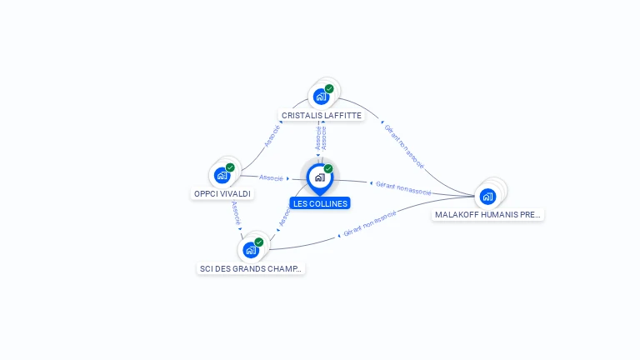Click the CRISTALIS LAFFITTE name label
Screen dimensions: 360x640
[x=322, y=116]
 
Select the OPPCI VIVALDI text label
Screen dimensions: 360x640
[x=222, y=193]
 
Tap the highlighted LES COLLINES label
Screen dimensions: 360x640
[x=320, y=203]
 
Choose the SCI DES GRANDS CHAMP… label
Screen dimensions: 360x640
[x=252, y=268]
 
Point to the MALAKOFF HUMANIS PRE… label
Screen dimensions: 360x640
[x=488, y=214]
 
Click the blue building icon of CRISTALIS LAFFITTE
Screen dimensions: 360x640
[x=321, y=96]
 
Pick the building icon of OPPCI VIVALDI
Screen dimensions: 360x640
[x=222, y=175]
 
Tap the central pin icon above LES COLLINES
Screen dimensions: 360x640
[x=319, y=177]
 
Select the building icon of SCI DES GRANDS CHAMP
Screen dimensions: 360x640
[x=251, y=249]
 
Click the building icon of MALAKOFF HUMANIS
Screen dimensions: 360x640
[x=487, y=196]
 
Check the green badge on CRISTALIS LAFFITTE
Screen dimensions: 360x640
[x=329, y=88]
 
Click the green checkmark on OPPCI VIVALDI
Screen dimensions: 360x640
[x=230, y=167]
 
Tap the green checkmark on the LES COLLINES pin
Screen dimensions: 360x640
[x=328, y=168]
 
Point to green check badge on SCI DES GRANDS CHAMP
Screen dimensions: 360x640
[x=259, y=242]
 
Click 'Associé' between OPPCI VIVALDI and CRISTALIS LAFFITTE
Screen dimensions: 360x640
[x=272, y=136]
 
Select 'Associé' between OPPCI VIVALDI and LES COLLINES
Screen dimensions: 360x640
[x=272, y=177]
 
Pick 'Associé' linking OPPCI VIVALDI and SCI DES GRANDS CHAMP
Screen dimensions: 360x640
[x=237, y=213]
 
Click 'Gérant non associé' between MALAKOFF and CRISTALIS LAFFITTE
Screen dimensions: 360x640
[x=404, y=146]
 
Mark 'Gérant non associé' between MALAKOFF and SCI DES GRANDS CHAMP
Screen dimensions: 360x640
[x=370, y=223]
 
